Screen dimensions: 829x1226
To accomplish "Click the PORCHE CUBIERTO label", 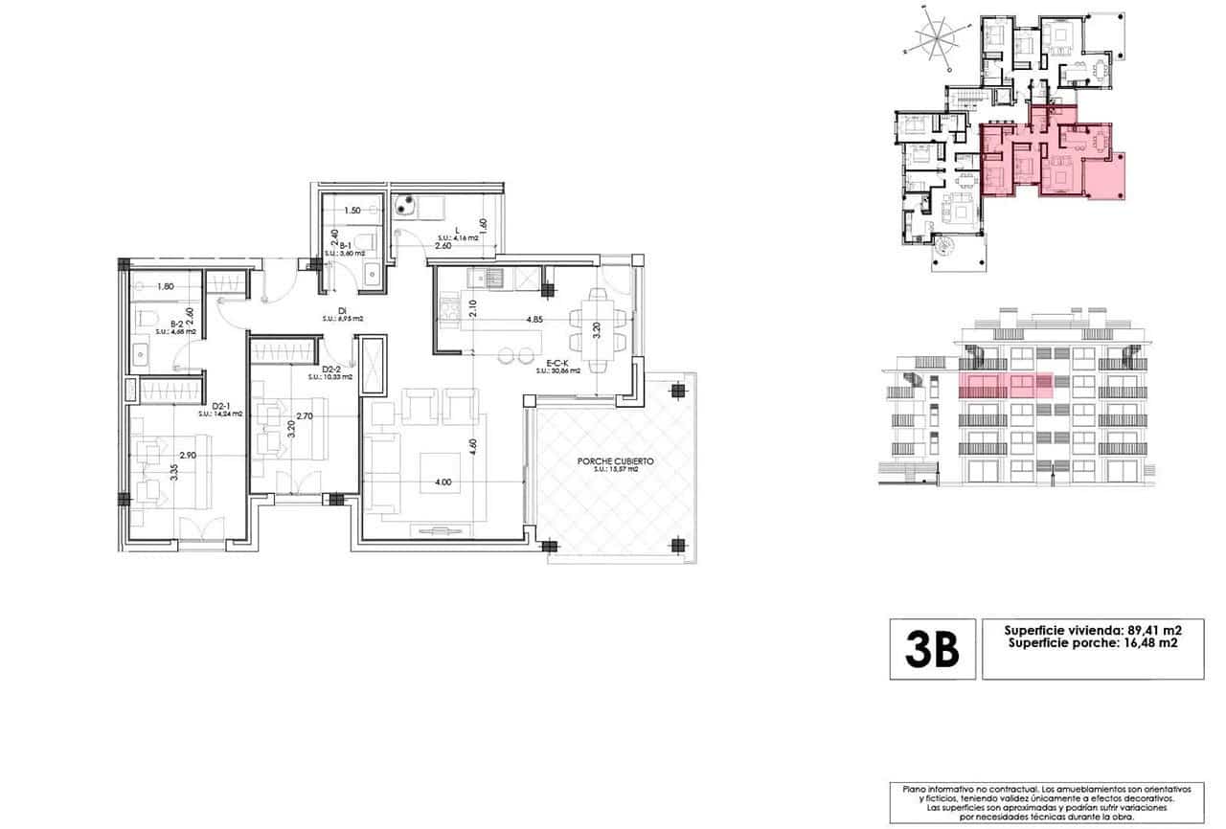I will pos(615,460).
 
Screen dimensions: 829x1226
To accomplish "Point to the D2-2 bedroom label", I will pos(331,370).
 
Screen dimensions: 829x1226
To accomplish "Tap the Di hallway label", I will pos(341,309).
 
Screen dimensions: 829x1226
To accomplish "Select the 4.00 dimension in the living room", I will pos(443,482).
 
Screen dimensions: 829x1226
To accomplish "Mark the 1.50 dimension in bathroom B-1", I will pos(352,210).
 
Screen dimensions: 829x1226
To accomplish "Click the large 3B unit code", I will pos(932,650).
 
